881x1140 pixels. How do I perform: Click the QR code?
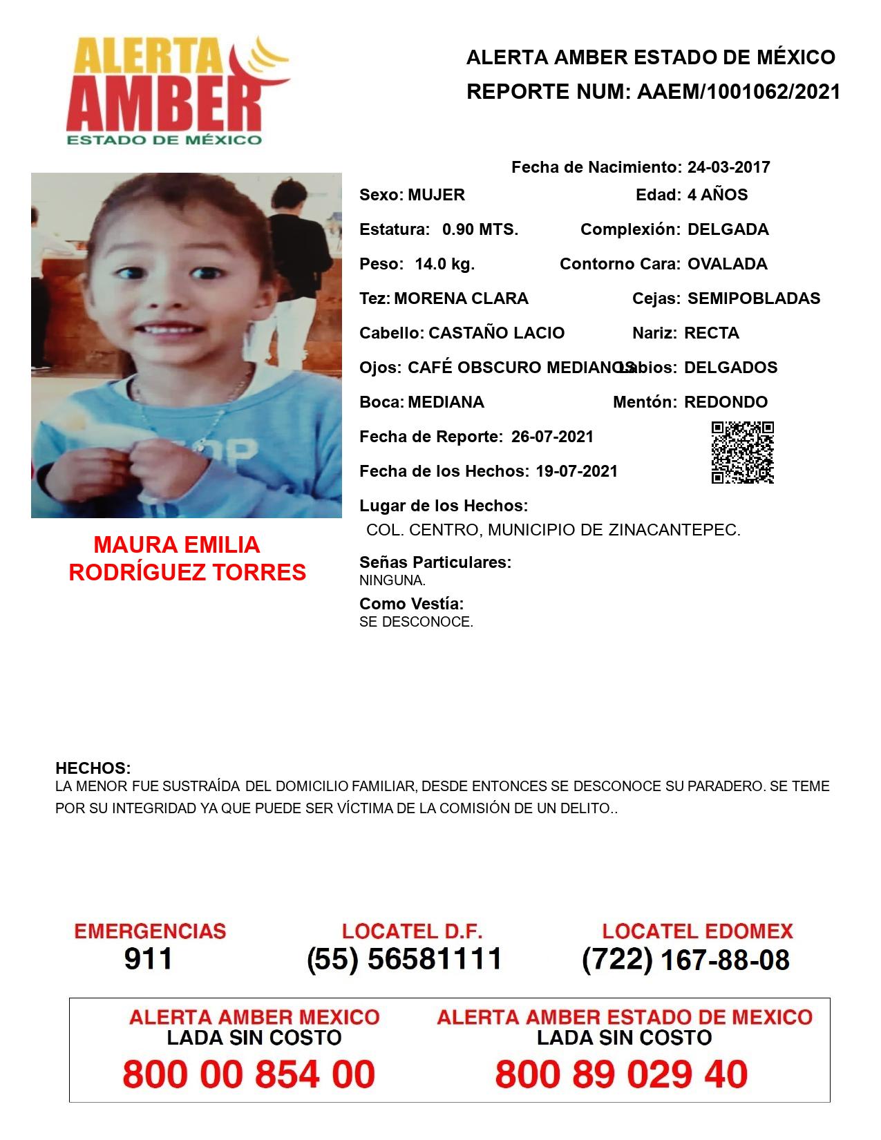742,453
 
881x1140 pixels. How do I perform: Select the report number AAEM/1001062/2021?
738,92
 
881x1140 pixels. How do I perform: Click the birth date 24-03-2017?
728,167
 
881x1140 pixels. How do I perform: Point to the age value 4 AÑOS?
717,195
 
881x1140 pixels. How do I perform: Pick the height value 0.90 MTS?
480,229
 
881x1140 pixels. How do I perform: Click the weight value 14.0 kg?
444,264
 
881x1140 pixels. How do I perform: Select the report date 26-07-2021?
552,437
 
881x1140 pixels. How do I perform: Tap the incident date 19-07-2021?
576,471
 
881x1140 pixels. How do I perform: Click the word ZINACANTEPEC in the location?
674,531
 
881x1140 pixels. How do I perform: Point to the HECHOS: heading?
93,768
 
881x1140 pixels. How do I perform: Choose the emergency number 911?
148,959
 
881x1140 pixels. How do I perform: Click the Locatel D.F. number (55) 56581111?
404,959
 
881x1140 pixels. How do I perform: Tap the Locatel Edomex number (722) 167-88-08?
685,960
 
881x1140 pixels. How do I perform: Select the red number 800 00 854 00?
249,1074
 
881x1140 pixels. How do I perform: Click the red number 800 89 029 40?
621,1074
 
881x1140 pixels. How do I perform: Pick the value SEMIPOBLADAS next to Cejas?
754,298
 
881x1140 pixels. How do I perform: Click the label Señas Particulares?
435,562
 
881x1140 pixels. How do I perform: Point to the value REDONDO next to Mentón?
726,402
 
